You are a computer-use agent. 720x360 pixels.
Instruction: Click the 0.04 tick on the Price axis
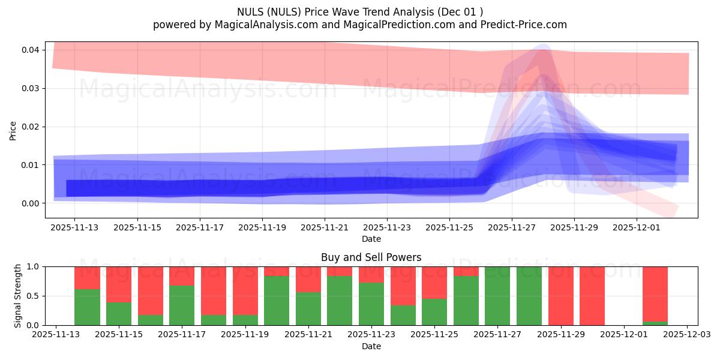(31, 50)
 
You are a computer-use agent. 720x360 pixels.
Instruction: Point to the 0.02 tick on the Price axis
(31, 127)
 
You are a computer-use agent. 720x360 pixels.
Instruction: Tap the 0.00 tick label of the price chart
(31, 203)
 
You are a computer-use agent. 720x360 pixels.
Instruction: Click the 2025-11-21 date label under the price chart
(325, 228)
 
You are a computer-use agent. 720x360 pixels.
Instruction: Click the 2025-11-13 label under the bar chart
(56, 335)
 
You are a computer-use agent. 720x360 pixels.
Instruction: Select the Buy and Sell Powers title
(371, 257)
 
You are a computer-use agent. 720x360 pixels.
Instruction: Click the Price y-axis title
(13, 130)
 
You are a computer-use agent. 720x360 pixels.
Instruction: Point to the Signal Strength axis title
(18, 296)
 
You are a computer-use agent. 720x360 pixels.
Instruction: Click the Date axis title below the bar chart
(371, 346)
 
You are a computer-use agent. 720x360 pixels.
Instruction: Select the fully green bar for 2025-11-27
(497, 296)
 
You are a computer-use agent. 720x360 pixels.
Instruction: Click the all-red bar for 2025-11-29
(560, 296)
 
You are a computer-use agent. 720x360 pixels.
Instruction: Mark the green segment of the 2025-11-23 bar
(371, 304)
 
